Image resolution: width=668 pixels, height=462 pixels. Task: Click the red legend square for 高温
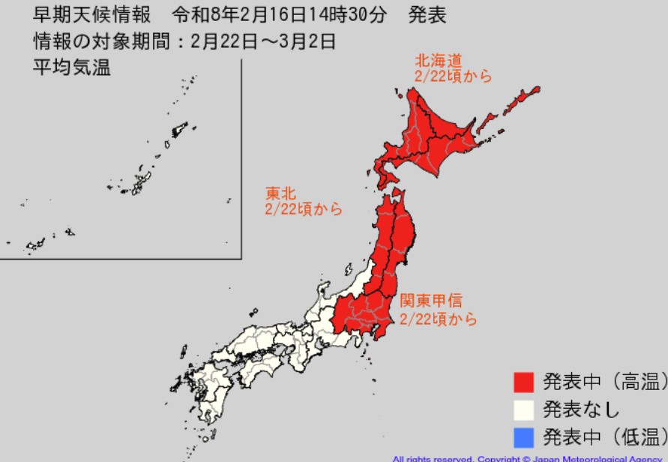point(523,382)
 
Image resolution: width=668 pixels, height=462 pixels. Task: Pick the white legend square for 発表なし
point(523,410)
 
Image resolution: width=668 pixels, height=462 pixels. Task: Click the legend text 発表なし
point(581,410)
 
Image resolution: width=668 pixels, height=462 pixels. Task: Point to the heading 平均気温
point(71,68)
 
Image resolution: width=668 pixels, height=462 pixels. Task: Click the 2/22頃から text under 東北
point(303,210)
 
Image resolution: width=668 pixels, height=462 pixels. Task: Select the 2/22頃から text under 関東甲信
point(438,319)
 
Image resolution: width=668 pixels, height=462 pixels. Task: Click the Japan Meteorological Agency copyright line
point(529,457)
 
